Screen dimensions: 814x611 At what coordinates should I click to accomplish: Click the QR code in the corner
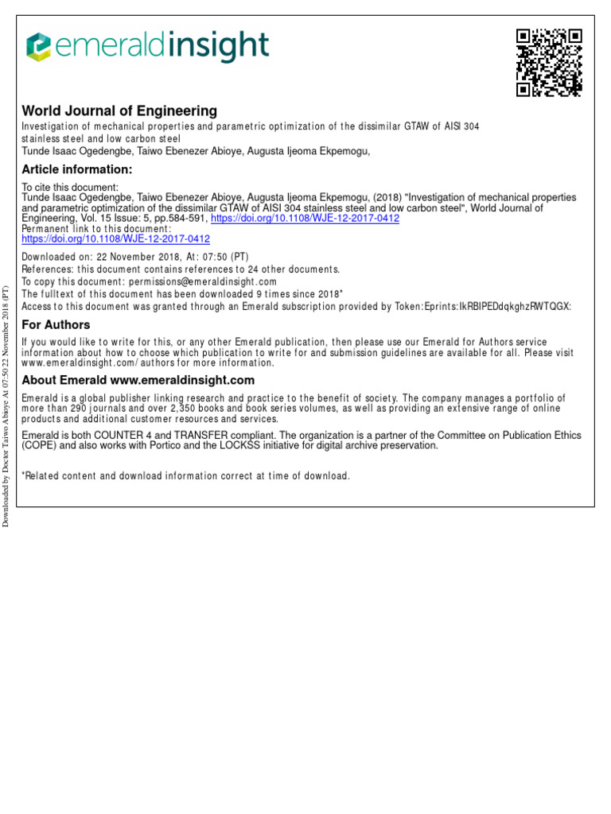click(x=549, y=62)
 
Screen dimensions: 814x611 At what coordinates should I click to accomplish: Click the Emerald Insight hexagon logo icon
click(x=39, y=47)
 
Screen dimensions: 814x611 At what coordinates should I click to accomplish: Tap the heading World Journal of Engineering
click(x=119, y=111)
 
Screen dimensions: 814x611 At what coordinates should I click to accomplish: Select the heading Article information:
click(x=76, y=169)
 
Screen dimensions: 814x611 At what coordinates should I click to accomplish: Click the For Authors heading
click(x=56, y=324)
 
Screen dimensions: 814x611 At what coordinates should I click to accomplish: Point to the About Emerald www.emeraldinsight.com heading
click(x=138, y=380)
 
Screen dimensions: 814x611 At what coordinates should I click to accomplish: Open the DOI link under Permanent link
click(x=115, y=238)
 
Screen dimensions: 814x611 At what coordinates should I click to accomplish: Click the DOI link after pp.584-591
click(x=305, y=219)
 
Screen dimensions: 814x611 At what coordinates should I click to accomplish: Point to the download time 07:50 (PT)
click(x=222, y=257)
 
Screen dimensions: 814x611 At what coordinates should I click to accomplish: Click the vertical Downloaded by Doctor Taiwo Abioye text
click(x=6, y=406)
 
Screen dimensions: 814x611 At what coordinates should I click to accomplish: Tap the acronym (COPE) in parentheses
click(x=38, y=446)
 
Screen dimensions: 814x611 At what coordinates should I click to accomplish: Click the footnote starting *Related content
click(x=185, y=476)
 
